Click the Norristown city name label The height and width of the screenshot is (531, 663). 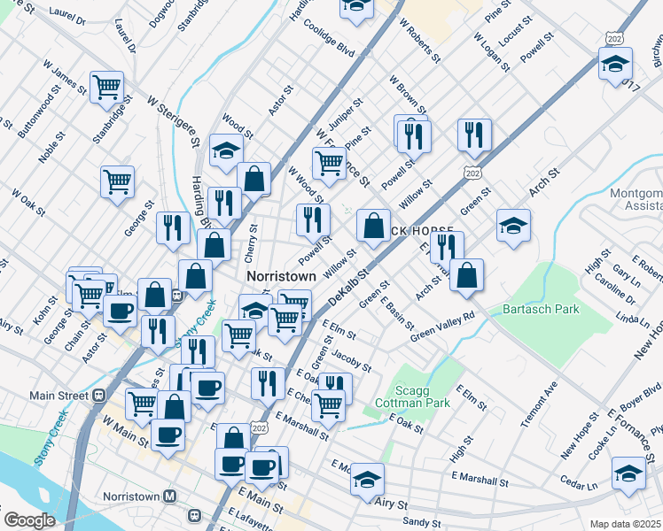(x=280, y=276)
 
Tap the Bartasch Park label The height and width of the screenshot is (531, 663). (x=540, y=309)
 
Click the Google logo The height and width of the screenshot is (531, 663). (x=29, y=519)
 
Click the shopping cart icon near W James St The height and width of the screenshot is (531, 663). (x=106, y=87)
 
